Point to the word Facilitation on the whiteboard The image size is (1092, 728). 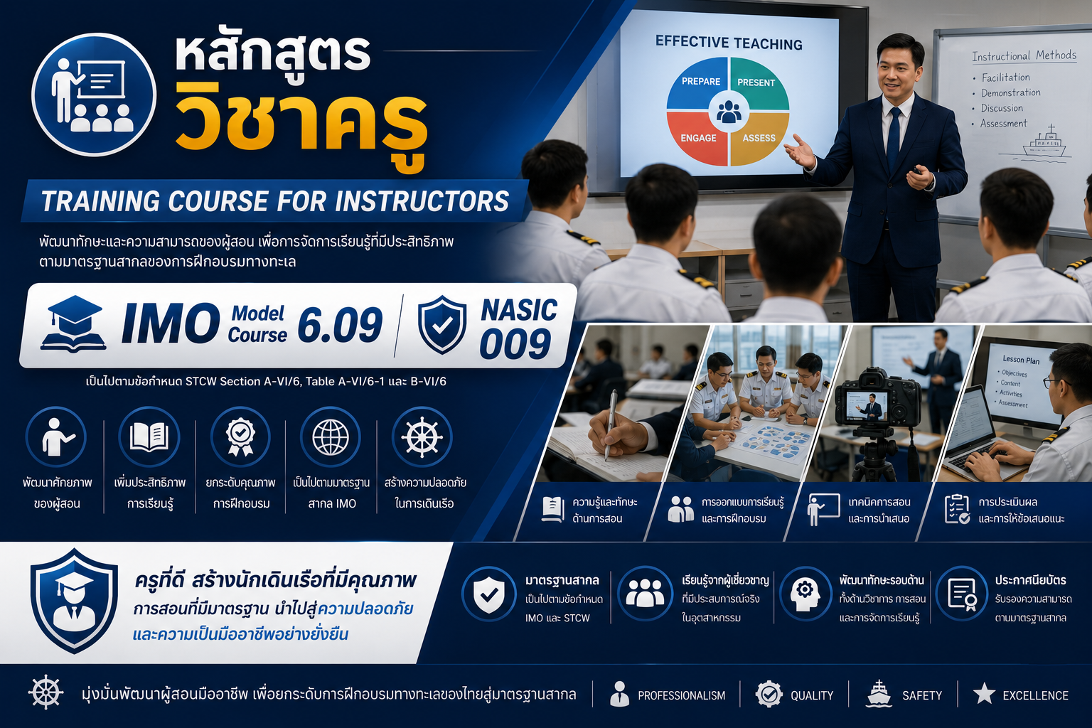pyautogui.click(x=1006, y=77)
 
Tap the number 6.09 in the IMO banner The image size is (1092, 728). pyautogui.click(x=340, y=325)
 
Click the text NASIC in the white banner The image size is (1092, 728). pyautogui.click(x=519, y=311)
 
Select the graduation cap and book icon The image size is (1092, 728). pyautogui.click(x=73, y=323)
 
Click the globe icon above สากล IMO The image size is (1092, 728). pyautogui.click(x=331, y=437)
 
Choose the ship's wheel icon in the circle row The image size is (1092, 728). pyautogui.click(x=422, y=437)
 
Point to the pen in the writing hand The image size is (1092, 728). pyautogui.click(x=610, y=424)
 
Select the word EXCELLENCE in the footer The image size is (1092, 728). pyautogui.click(x=1035, y=695)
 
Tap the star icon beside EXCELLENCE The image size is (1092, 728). pyautogui.click(x=984, y=694)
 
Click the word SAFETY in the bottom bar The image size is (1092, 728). pyautogui.click(x=922, y=695)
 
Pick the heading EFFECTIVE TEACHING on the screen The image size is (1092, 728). pyautogui.click(x=729, y=43)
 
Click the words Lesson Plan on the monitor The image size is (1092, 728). pyautogui.click(x=1021, y=360)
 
